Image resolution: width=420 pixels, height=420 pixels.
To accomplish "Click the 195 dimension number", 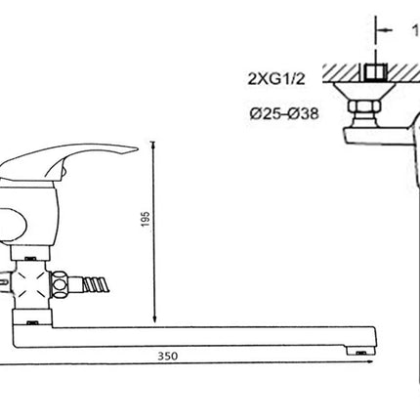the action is click(146, 219).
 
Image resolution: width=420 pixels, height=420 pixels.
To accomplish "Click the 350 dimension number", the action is click(168, 356).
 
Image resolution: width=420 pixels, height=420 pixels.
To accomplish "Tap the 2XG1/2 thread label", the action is click(276, 78).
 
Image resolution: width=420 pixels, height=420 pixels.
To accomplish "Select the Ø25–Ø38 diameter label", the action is click(284, 114).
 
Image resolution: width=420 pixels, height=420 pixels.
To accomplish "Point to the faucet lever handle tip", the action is click(136, 149).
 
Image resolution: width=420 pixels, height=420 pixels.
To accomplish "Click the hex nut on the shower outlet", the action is click(60, 284).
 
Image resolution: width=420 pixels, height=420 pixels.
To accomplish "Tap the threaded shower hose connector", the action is click(96, 284).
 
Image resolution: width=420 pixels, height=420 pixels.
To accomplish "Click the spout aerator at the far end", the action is click(360, 351).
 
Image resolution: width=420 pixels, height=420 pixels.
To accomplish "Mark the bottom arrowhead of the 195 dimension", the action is click(155, 319).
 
